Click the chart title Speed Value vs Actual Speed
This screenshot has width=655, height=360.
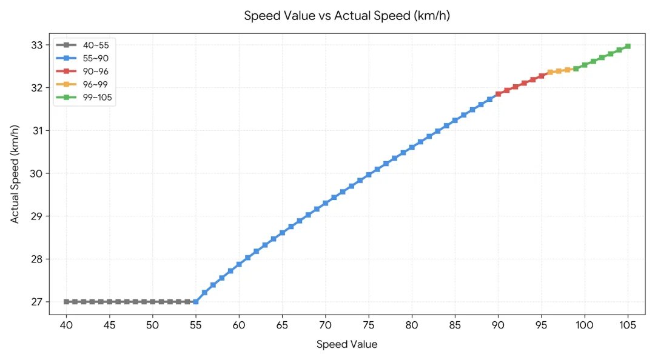347,16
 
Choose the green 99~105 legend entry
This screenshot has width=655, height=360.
85,98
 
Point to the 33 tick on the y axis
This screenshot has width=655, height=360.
37,45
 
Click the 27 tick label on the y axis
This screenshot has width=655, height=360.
37,302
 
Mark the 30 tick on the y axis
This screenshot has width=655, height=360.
37,173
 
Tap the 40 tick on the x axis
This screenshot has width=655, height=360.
66,325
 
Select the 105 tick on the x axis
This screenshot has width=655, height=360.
628,325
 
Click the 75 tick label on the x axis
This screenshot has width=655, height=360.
369,325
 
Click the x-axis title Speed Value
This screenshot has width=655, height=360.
347,345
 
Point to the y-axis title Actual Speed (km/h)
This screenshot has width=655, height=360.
15,174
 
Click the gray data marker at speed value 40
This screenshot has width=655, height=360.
66,302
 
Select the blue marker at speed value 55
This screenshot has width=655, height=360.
195,302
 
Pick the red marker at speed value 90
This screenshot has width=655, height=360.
498,94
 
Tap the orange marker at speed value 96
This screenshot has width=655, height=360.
549,72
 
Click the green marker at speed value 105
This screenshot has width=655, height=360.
628,46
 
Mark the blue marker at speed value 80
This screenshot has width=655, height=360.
411,147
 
